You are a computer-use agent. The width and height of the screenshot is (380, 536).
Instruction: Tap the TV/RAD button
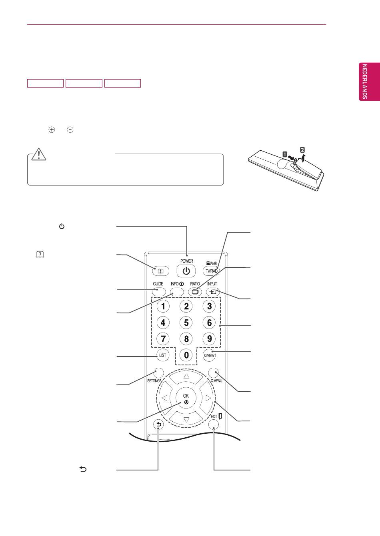coord(212,271)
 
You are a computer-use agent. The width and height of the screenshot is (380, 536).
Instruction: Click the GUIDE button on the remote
coord(158,291)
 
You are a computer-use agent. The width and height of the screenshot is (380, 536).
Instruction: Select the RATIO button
coord(195,291)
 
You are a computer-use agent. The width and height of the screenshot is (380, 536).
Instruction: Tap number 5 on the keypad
coord(186,323)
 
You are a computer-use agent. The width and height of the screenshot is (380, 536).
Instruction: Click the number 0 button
coord(186,355)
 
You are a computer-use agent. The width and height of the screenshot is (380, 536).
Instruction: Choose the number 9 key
coord(209,339)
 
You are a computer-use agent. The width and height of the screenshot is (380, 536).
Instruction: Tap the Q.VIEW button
coord(209,355)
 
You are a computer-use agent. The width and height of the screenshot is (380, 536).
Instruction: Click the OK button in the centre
coord(186,399)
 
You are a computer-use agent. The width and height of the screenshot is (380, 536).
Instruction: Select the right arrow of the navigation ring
coord(208,398)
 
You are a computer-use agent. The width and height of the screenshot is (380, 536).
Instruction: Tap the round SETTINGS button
coord(158,373)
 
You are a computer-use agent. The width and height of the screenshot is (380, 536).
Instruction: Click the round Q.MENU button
coord(214,373)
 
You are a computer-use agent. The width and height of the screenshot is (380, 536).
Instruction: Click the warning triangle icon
coord(39,154)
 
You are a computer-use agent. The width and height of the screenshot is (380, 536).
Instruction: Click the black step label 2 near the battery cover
coord(302,150)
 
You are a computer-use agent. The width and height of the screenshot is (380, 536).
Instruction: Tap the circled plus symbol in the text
coord(52,130)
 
